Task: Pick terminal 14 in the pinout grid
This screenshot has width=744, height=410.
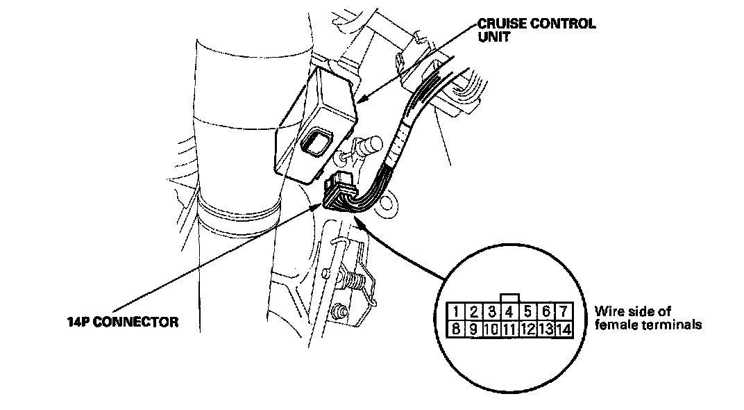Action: coord(563,328)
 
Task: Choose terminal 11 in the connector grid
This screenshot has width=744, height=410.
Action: coord(509,328)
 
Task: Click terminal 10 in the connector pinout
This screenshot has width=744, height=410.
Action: coord(491,328)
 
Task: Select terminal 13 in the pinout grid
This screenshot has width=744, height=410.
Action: coord(545,328)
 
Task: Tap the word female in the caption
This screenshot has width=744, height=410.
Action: coord(611,325)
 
